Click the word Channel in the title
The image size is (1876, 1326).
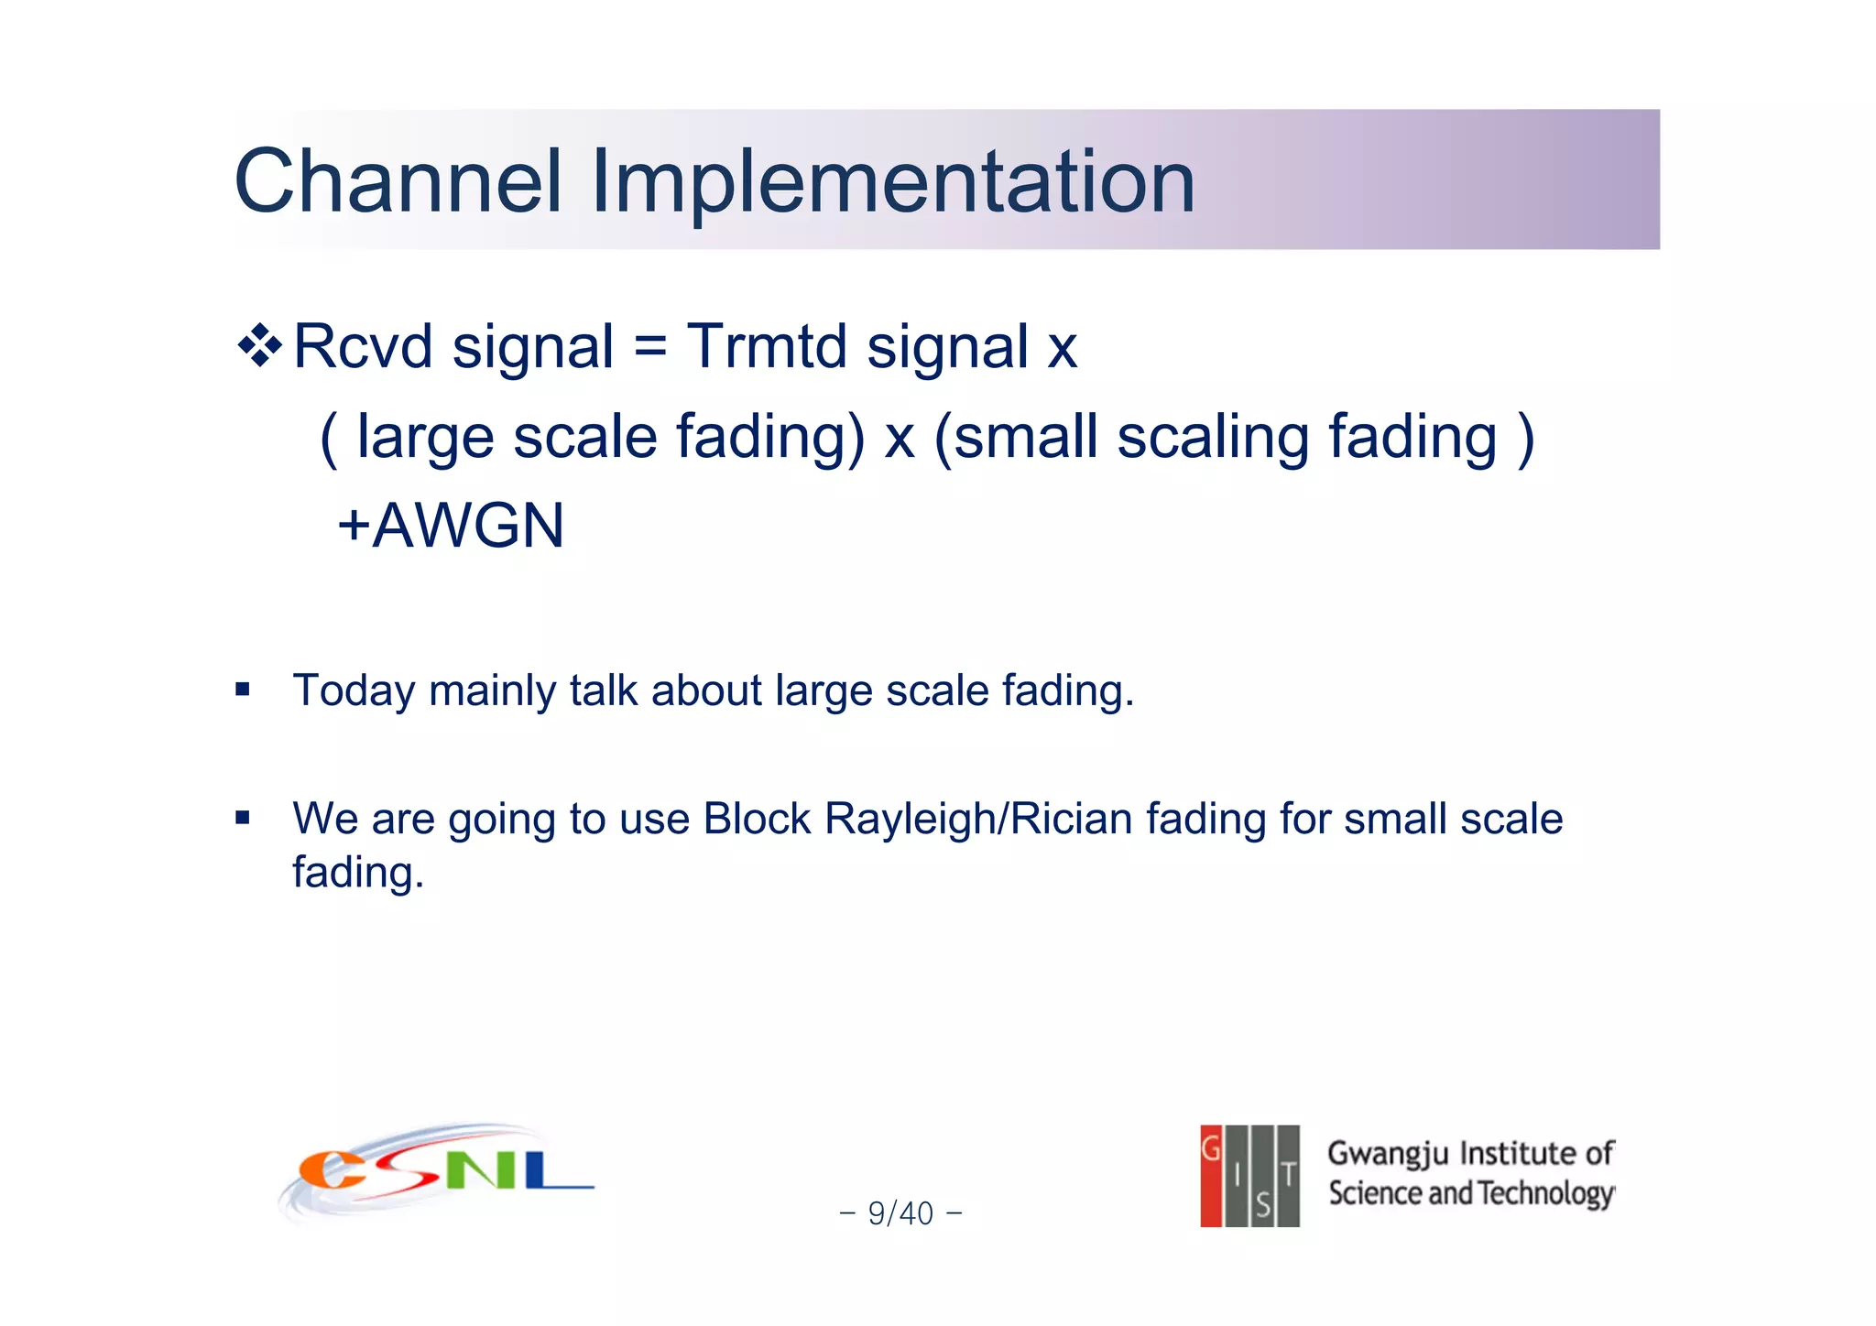pyautogui.click(x=398, y=181)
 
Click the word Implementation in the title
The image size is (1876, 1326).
pyautogui.click(x=893, y=181)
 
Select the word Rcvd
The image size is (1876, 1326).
pyautogui.click(x=363, y=347)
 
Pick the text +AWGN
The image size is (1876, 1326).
pyautogui.click(x=451, y=526)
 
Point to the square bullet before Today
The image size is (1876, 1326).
pyautogui.click(x=242, y=690)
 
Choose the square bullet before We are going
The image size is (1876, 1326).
pyautogui.click(x=242, y=818)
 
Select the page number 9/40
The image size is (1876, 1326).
pyautogui.click(x=900, y=1213)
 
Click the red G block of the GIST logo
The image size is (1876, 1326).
pyautogui.click(x=1211, y=1175)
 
